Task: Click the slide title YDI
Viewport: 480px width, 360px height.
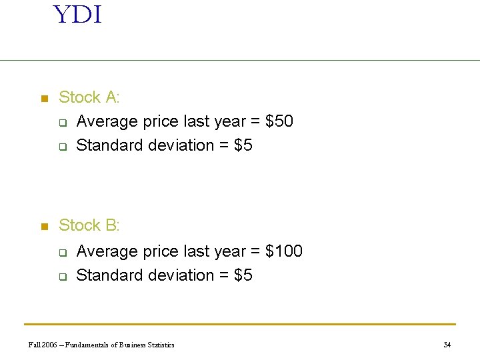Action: point(77,15)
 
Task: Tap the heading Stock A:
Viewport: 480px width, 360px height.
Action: point(89,97)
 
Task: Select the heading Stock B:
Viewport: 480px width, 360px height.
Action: point(89,225)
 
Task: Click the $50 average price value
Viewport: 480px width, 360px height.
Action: point(279,121)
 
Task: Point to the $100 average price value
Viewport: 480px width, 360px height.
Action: point(284,251)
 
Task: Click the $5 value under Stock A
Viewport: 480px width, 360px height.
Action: point(243,145)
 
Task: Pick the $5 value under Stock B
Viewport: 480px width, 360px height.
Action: point(243,275)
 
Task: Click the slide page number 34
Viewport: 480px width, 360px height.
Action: point(447,345)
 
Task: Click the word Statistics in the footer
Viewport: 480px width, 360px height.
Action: point(159,345)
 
